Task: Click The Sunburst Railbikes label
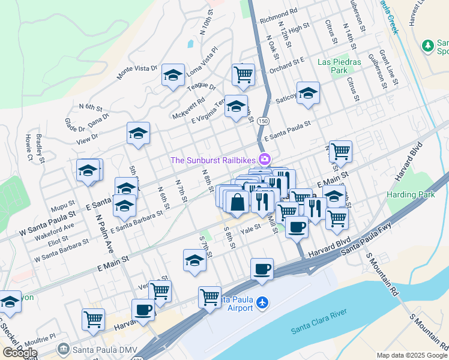pos(213,160)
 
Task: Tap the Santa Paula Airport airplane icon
pos(262,302)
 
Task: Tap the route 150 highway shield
pos(264,121)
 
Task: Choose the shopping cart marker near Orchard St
pos(243,75)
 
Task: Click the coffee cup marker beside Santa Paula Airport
pos(261,269)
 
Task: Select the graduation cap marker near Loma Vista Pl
pos(173,75)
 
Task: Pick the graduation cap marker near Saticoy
pos(308,93)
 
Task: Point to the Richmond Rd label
pos(279,11)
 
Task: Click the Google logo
pos(20,352)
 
